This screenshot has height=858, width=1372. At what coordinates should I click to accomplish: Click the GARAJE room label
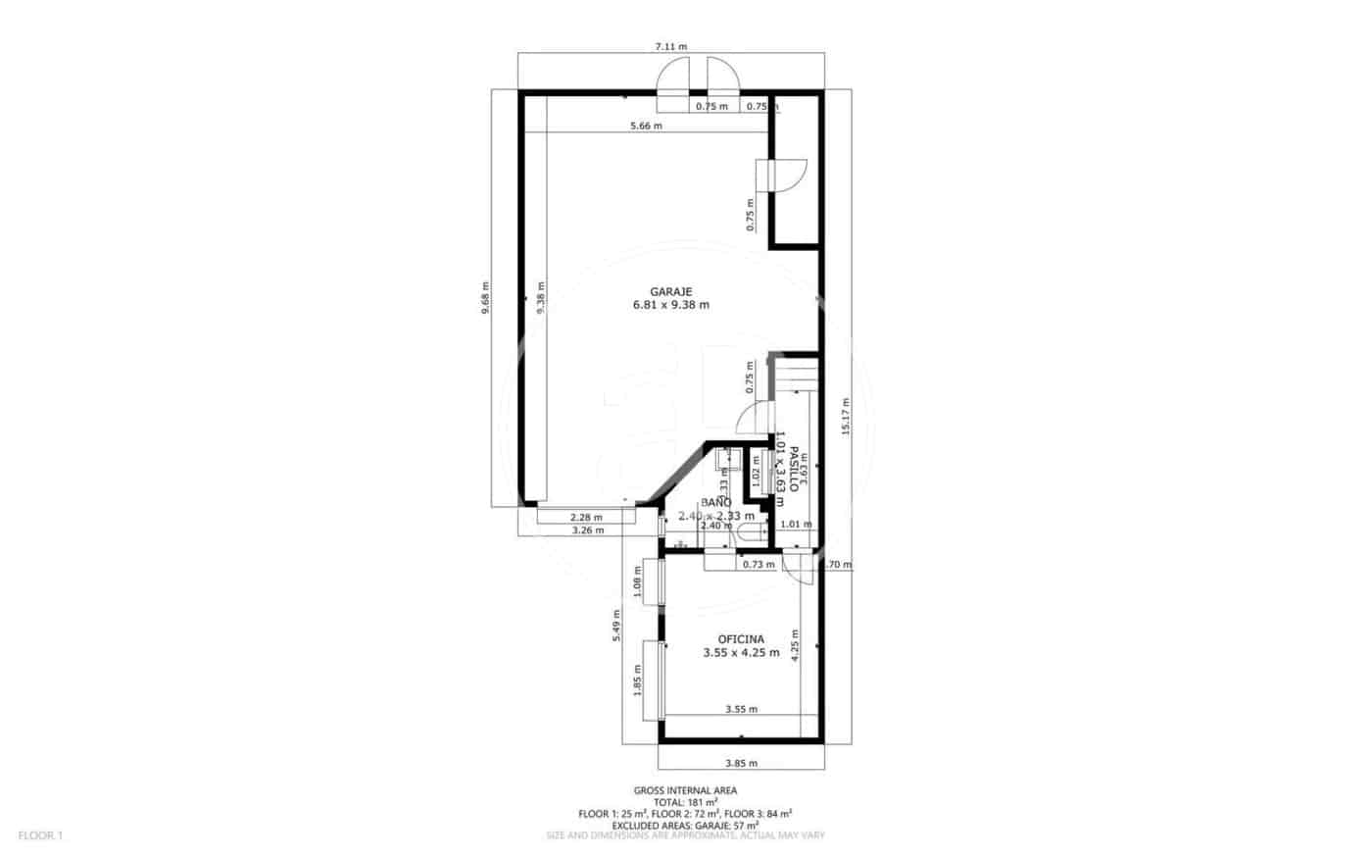[x=671, y=291]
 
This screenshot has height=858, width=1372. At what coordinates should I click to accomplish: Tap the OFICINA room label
[x=741, y=638]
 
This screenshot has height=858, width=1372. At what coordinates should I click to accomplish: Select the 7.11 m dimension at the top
[x=671, y=46]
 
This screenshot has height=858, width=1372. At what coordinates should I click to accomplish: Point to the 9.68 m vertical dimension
[x=485, y=298]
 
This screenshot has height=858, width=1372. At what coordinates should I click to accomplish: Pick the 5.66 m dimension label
[x=646, y=126]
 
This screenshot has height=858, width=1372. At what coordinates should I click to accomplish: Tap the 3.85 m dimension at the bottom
[x=741, y=763]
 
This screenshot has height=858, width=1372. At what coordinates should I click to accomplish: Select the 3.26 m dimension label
[x=587, y=530]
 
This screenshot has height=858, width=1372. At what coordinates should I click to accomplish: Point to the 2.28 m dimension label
[x=586, y=518]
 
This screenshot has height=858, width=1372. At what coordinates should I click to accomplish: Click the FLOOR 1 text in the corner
[x=40, y=835]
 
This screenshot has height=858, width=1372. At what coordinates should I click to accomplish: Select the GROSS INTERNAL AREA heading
[x=685, y=790]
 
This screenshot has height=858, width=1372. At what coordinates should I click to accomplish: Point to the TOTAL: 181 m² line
[x=685, y=802]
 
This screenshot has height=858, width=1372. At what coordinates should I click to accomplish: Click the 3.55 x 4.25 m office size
[x=741, y=652]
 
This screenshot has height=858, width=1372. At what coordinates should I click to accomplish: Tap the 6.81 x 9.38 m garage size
[x=671, y=305]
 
